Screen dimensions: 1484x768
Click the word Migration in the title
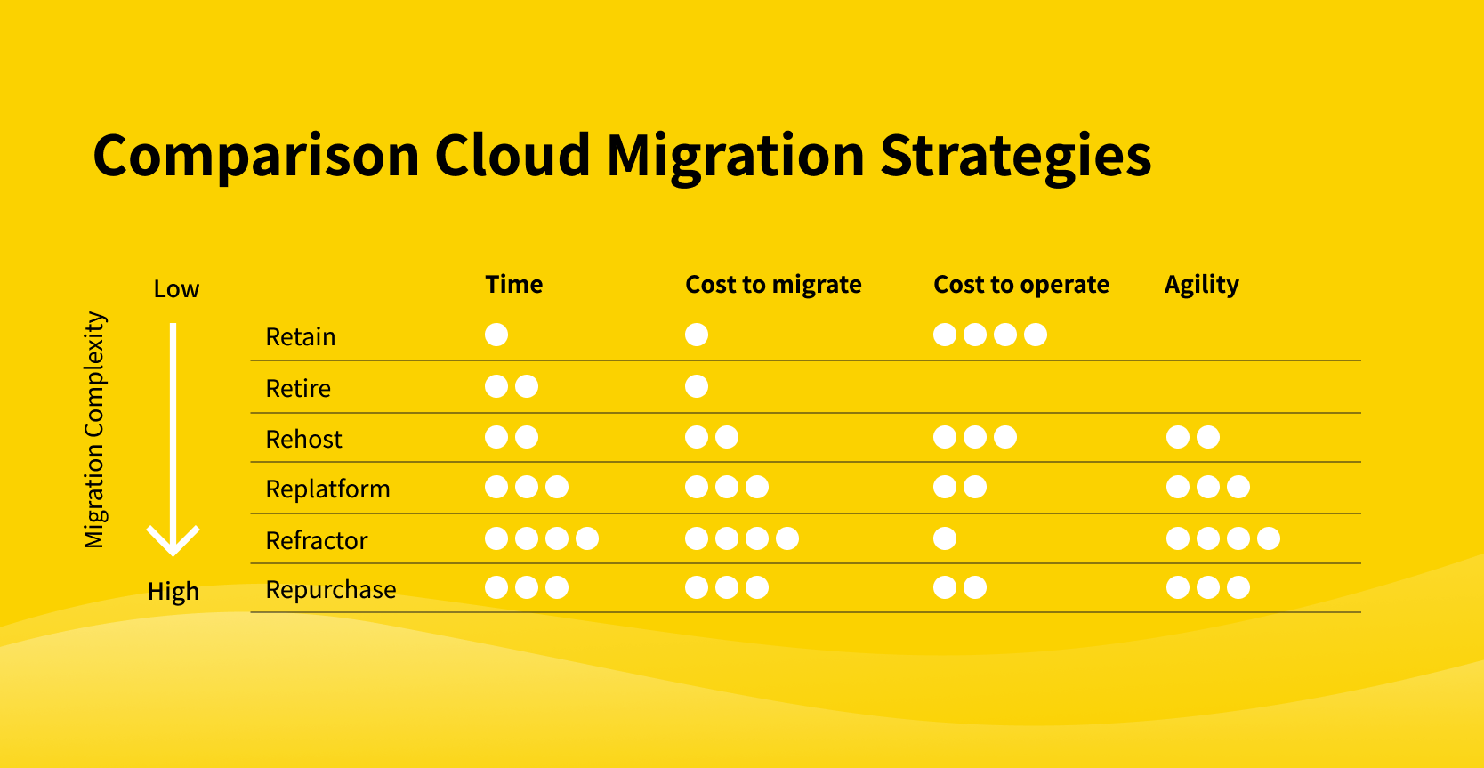tap(736, 157)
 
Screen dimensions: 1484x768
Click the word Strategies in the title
tap(1016, 157)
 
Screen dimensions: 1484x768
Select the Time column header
tap(514, 284)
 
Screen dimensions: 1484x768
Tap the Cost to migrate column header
tap(773, 285)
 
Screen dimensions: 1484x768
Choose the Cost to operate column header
tap(1020, 285)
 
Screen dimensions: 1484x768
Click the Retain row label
tap(300, 336)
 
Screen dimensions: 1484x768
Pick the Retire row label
tap(297, 388)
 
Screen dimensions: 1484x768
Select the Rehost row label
tap(303, 439)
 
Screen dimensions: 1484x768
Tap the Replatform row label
tap(327, 489)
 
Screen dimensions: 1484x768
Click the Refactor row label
tap(316, 541)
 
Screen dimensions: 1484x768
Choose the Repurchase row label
tap(331, 590)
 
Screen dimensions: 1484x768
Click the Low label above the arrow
tap(176, 289)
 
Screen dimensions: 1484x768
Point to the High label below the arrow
tap(173, 591)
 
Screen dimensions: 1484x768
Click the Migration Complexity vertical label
tap(94, 430)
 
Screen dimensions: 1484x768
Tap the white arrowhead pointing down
tap(173, 541)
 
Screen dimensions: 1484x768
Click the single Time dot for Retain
tap(496, 335)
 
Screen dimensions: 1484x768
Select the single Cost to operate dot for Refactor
tap(945, 538)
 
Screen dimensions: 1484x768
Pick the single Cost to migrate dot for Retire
tap(697, 385)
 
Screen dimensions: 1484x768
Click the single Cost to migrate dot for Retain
tap(697, 335)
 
